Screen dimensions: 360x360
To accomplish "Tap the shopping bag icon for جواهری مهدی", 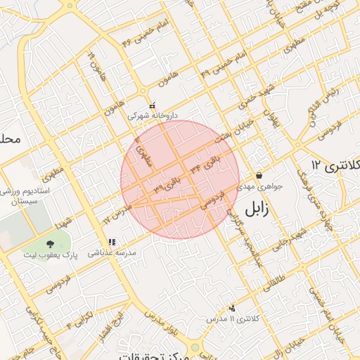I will pos(259,176).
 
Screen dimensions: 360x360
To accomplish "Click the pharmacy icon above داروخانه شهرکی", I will pos(152,105).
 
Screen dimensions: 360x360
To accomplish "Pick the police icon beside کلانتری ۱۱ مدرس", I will pos(233,308).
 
